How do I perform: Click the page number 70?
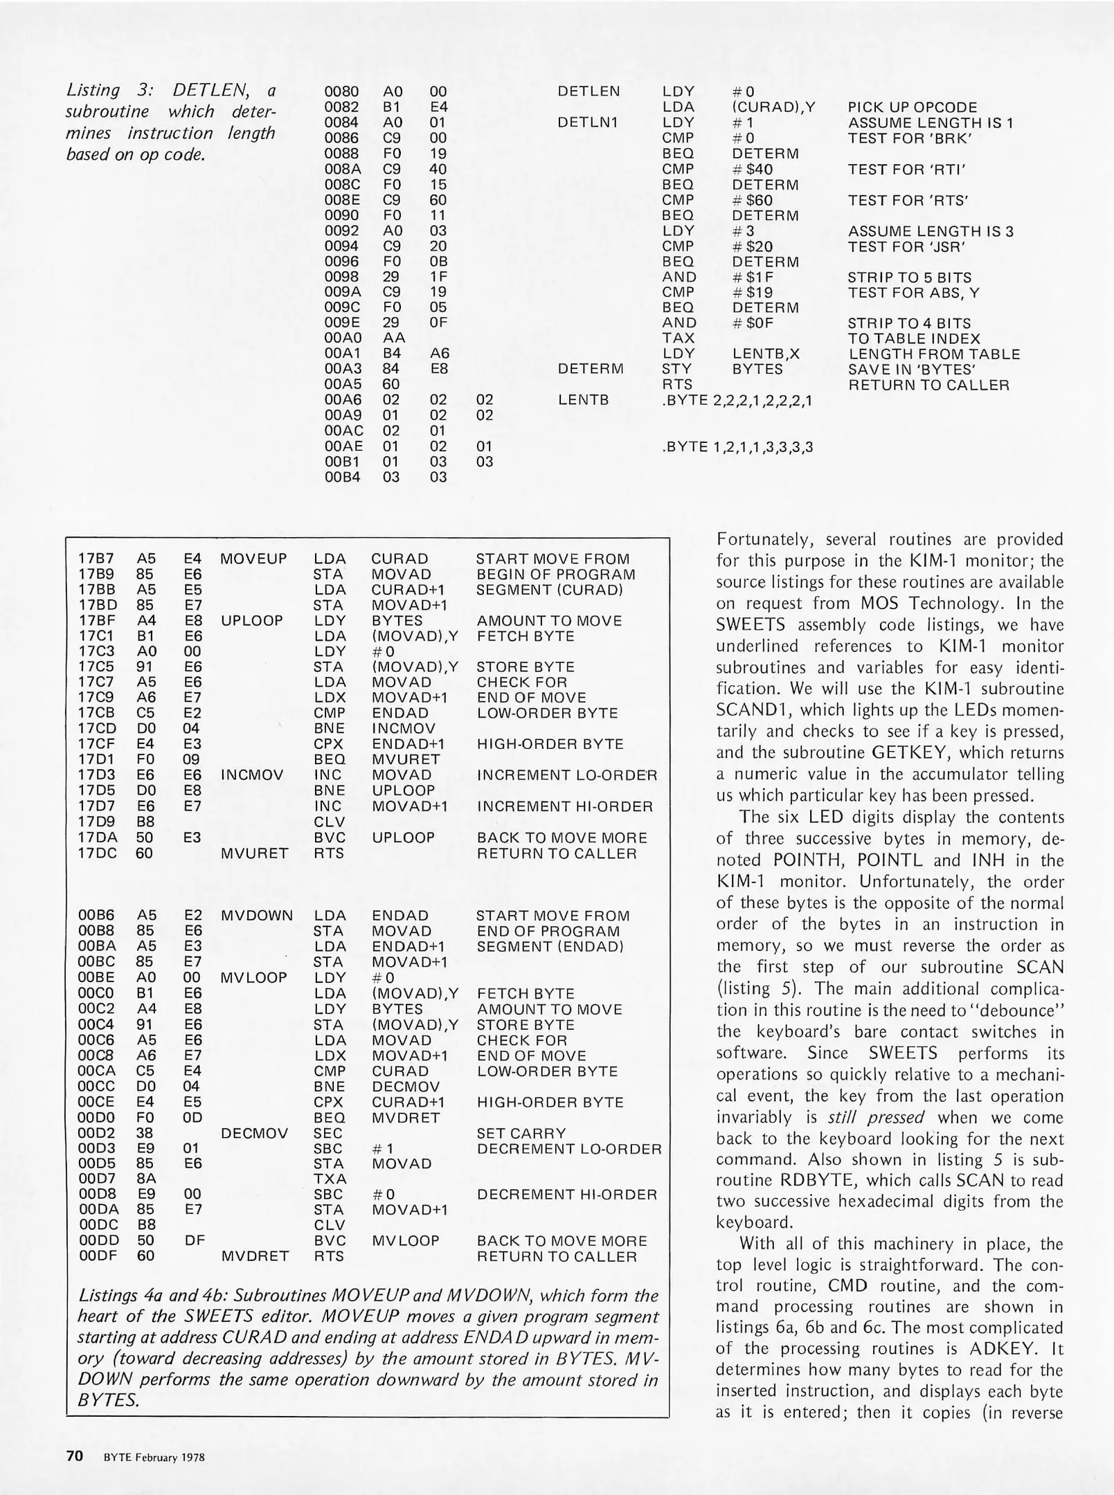(74, 1456)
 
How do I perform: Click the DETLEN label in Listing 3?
(589, 91)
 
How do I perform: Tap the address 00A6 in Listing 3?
(341, 400)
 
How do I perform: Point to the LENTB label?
(583, 400)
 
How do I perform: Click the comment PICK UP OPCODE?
(913, 107)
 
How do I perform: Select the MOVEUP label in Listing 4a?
(253, 559)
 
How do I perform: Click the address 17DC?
(96, 853)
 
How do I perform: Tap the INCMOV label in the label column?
(252, 775)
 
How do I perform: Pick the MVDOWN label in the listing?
(257, 916)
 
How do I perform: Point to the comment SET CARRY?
(521, 1133)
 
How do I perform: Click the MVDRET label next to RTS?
(254, 1256)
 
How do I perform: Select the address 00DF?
(96, 1256)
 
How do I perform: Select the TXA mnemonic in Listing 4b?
(330, 1179)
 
